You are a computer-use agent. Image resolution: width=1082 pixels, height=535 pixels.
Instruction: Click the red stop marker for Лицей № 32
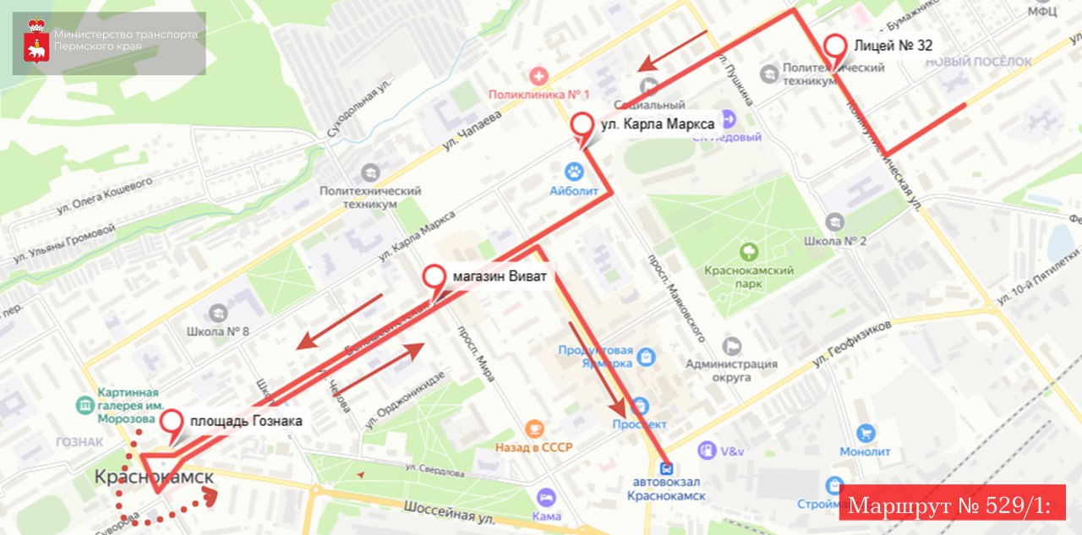click(835, 47)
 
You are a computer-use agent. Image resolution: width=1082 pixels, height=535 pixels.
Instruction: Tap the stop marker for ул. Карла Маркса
click(582, 126)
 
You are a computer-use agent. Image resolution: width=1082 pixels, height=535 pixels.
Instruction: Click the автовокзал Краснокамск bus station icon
click(667, 467)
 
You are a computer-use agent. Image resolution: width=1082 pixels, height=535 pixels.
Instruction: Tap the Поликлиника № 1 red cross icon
click(533, 77)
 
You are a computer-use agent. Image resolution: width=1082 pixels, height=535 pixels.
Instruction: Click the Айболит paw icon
click(574, 172)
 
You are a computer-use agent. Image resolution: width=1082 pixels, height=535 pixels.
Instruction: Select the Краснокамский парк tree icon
click(748, 251)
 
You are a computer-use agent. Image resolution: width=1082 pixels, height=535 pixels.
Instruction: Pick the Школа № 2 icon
click(834, 222)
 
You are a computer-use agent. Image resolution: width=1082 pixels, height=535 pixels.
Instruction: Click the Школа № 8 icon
click(218, 313)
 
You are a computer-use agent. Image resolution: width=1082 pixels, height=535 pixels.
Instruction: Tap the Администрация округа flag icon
click(731, 346)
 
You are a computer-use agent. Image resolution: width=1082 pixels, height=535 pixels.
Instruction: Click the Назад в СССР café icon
click(533, 429)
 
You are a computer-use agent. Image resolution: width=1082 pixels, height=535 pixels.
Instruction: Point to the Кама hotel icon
click(547, 497)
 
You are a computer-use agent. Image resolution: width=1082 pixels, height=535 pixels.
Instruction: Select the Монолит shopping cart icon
click(865, 434)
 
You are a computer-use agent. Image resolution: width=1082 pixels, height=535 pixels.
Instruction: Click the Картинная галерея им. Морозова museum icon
click(85, 406)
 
